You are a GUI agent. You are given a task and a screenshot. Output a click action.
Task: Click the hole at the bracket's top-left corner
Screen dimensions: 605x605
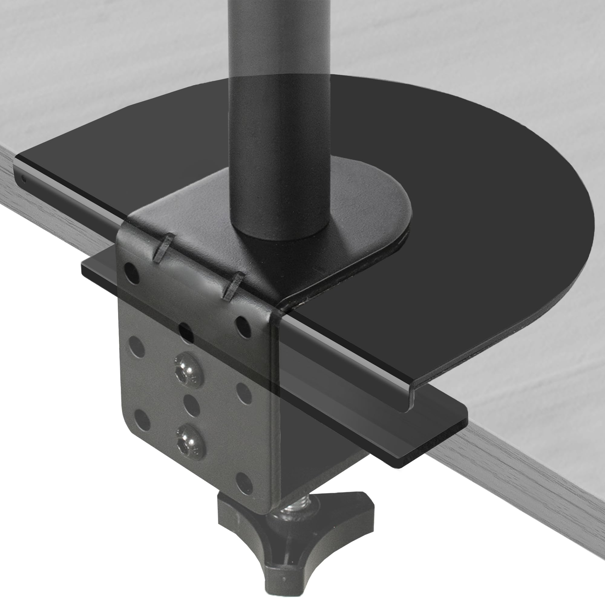pyautogui.click(x=132, y=273)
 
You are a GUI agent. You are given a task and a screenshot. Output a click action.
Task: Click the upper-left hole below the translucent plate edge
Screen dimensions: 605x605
pyautogui.click(x=136, y=347)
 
